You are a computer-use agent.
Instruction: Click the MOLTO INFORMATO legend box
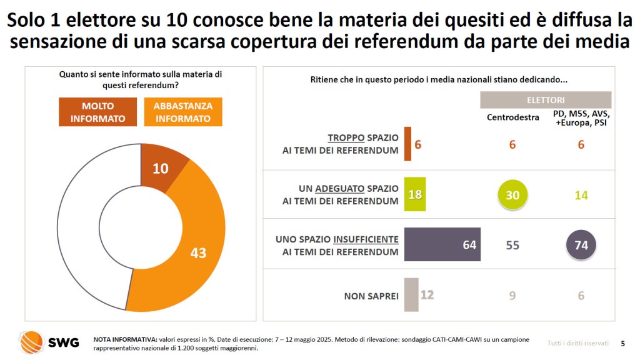(98, 112)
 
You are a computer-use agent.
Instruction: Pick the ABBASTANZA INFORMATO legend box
(182, 112)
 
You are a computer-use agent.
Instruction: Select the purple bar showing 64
(442, 244)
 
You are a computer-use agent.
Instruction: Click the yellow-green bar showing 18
(415, 194)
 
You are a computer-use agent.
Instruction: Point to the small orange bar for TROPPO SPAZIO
(407, 144)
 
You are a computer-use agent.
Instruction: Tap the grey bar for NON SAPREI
(411, 294)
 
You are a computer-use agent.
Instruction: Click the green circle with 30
(512, 195)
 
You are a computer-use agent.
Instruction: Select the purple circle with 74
(581, 245)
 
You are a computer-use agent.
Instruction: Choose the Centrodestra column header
(512, 117)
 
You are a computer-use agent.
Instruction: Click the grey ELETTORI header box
(545, 100)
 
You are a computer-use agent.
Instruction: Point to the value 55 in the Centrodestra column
(512, 245)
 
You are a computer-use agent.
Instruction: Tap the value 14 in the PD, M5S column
(581, 195)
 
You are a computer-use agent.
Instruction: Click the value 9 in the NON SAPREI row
(512, 295)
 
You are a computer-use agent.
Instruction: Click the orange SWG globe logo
(31, 342)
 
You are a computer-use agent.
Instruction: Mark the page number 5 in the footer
(622, 342)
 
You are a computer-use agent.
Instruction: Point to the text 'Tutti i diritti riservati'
(577, 342)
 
